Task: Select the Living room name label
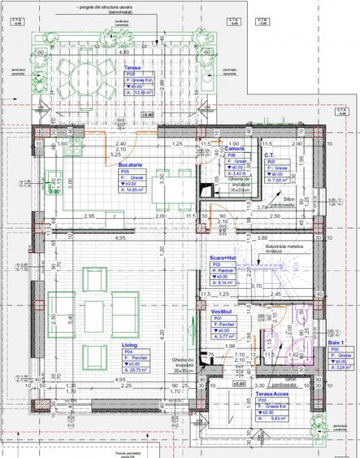[x=130, y=346]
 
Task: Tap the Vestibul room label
[x=223, y=311]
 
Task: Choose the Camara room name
[x=235, y=149]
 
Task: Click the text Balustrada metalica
[x=285, y=246]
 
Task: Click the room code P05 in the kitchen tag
[x=125, y=172]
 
